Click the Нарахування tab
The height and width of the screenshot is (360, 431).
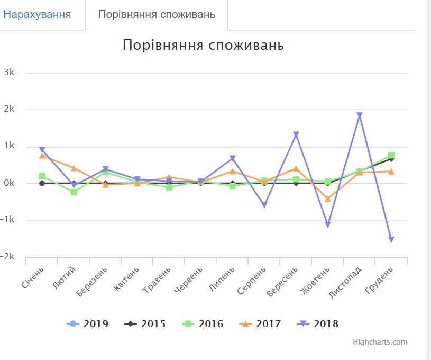pyautogui.click(x=37, y=14)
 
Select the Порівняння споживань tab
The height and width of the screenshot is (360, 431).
pyautogui.click(x=157, y=14)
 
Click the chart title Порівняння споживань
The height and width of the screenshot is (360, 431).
pyautogui.click(x=203, y=45)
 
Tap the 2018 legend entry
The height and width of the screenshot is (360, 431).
pyautogui.click(x=318, y=324)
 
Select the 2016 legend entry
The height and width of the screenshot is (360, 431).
pyautogui.click(x=204, y=324)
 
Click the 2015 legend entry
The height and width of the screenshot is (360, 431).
pyautogui.click(x=146, y=324)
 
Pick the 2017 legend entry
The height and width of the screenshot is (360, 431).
pyautogui.click(x=261, y=324)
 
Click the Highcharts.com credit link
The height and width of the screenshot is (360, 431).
pyautogui.click(x=380, y=342)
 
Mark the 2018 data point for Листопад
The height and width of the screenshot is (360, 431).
pyautogui.click(x=360, y=115)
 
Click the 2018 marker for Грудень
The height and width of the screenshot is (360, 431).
pyautogui.click(x=391, y=240)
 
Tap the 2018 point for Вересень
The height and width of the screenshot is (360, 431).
pyautogui.click(x=296, y=134)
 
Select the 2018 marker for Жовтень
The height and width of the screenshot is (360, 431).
pyautogui.click(x=328, y=225)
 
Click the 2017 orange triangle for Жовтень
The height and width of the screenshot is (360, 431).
pyautogui.click(x=328, y=199)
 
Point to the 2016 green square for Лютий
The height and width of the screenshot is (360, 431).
pyautogui.click(x=74, y=192)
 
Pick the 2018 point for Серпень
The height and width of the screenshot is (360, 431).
pyautogui.click(x=264, y=205)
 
